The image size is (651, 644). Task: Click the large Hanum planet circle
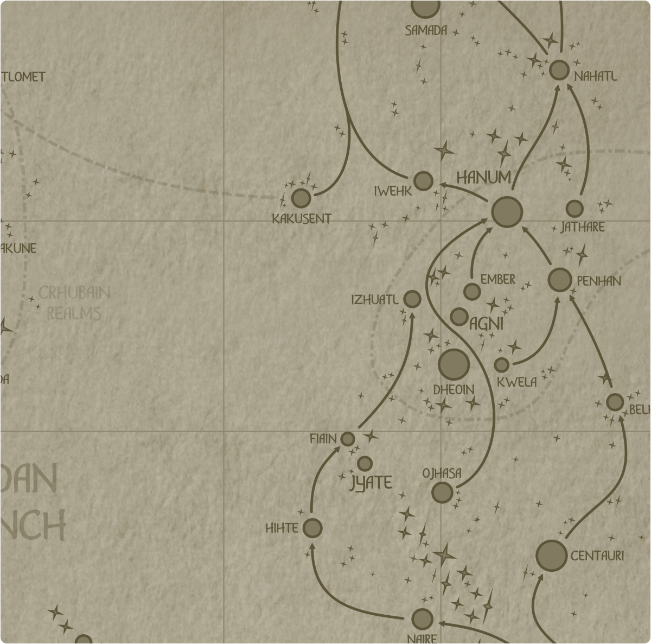click(x=507, y=212)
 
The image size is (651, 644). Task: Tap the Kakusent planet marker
click(x=301, y=199)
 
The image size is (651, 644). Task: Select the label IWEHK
click(x=393, y=191)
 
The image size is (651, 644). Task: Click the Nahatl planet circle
click(x=559, y=70)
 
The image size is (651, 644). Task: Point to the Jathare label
click(x=582, y=227)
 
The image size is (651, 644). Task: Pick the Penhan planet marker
click(x=560, y=280)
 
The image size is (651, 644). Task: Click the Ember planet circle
click(x=472, y=292)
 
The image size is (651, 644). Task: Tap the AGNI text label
click(x=486, y=324)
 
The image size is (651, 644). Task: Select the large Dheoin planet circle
click(x=454, y=364)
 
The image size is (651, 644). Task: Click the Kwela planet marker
click(x=502, y=364)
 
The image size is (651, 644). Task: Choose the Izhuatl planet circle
click(x=412, y=299)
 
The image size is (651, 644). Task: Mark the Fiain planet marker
click(x=348, y=439)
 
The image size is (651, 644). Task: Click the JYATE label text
click(x=371, y=483)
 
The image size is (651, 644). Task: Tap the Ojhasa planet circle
click(x=442, y=493)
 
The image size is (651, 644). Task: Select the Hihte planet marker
click(x=312, y=528)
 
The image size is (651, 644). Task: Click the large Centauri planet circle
click(x=551, y=555)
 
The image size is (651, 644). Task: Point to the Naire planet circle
click(x=422, y=619)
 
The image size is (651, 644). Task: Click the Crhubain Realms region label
click(x=74, y=303)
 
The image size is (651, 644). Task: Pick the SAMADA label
click(x=426, y=31)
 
